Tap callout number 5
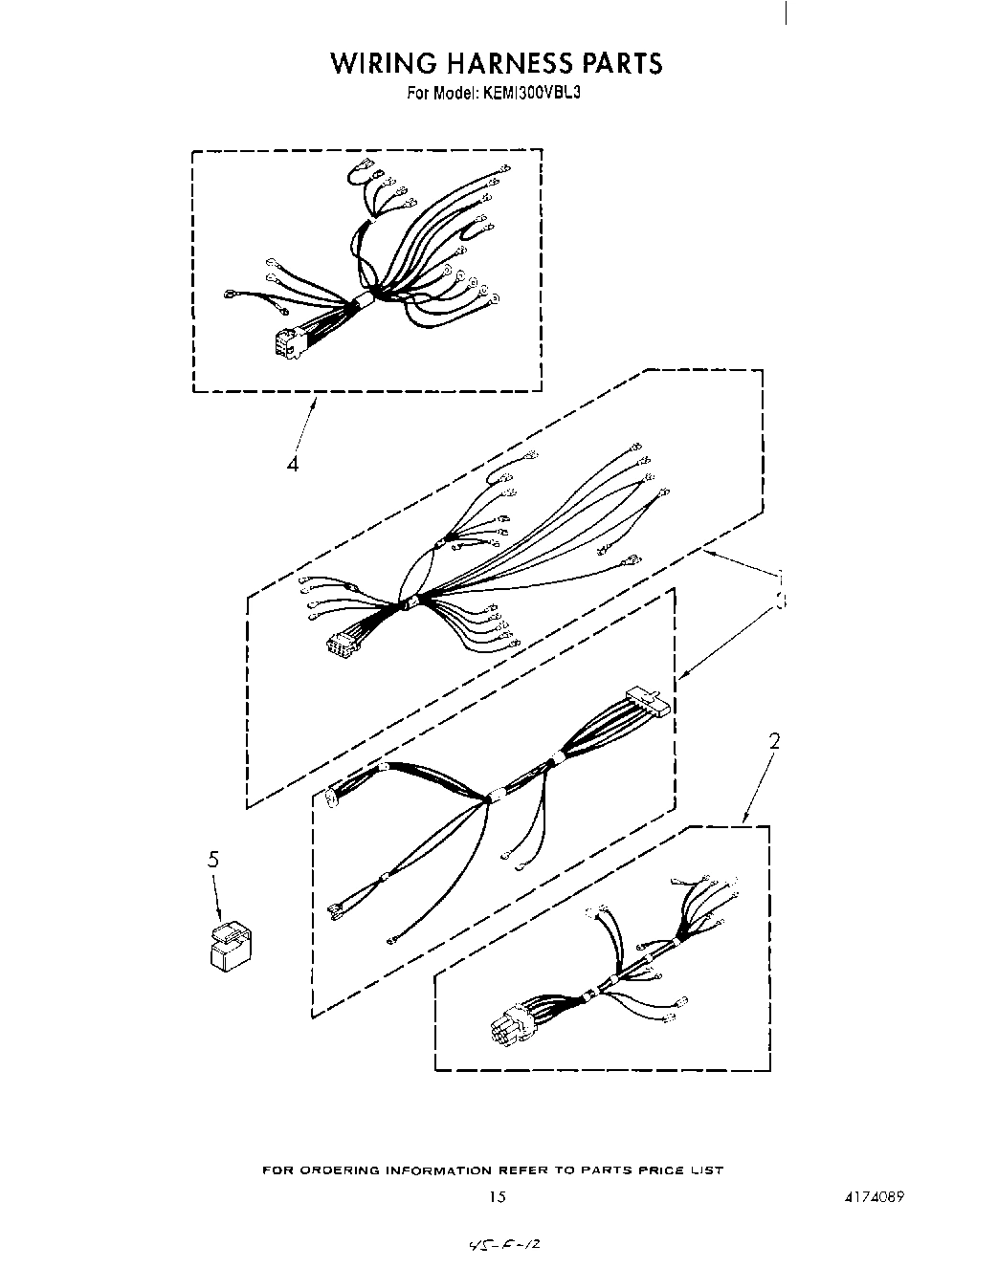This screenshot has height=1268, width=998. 213,860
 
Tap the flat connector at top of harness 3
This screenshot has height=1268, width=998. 648,701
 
